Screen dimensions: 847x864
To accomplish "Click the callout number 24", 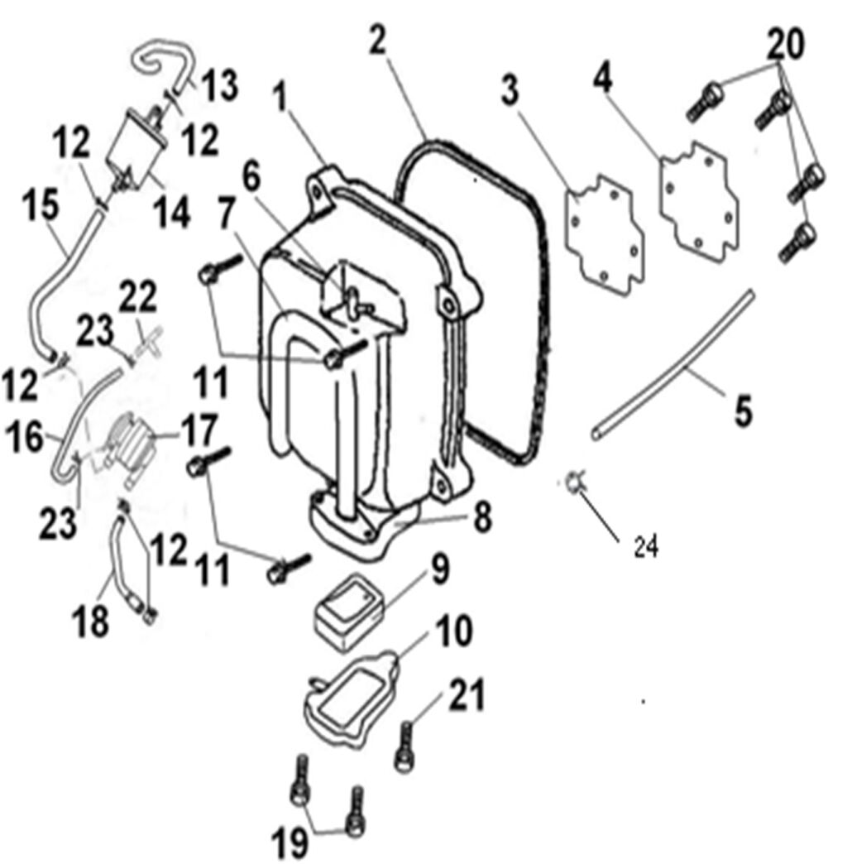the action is click(x=646, y=547).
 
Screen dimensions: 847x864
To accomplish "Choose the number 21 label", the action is click(x=467, y=695).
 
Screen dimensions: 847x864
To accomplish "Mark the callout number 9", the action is click(x=440, y=569).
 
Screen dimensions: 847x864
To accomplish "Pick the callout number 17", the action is click(x=199, y=432).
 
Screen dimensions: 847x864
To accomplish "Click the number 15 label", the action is click(x=41, y=205).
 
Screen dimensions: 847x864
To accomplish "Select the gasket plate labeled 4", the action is click(x=700, y=202).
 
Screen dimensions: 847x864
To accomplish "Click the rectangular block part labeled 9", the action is click(x=349, y=612).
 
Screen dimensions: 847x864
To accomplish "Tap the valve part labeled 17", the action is click(x=130, y=441).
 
